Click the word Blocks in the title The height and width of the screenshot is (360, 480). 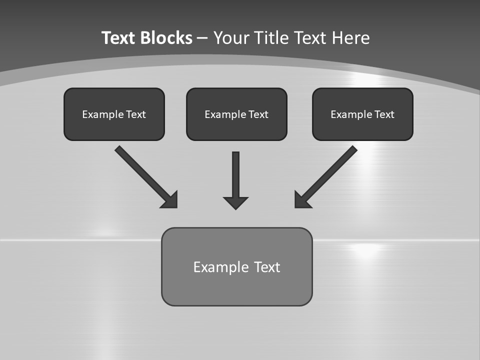(x=167, y=38)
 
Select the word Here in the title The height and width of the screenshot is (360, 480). (x=350, y=38)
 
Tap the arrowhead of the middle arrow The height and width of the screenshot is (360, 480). (x=235, y=202)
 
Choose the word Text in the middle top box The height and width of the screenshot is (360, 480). (x=258, y=114)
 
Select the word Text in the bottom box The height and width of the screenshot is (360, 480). (x=267, y=267)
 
